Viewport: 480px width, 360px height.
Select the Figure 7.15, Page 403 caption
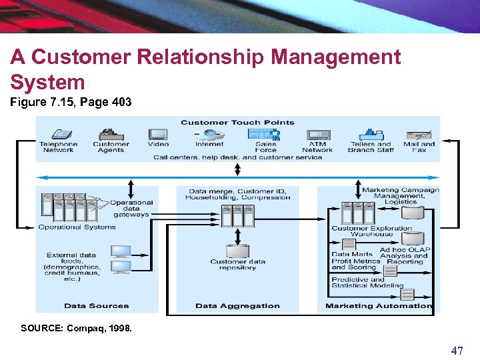[x=71, y=103]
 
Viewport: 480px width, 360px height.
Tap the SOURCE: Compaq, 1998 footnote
[x=77, y=328]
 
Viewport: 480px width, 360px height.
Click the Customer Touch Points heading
[x=237, y=122]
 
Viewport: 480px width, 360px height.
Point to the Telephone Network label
[x=59, y=147]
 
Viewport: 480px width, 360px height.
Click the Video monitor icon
[x=158, y=134]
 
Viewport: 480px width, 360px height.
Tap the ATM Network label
[x=317, y=147]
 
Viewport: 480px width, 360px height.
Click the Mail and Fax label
[x=419, y=147]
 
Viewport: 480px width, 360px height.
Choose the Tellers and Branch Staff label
[x=371, y=147]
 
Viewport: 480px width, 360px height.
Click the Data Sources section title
[x=96, y=306]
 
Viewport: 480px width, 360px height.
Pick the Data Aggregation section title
[x=237, y=306]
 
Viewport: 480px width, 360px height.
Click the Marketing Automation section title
[x=379, y=306]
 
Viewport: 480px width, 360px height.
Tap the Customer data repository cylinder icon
[x=237, y=251]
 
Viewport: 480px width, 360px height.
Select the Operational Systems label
[x=77, y=227]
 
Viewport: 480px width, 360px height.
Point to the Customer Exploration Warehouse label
[x=371, y=231]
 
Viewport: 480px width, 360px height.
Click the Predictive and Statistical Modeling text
[x=367, y=283]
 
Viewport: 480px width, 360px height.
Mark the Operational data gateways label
[x=131, y=209]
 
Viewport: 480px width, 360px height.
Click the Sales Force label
[x=265, y=147]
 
